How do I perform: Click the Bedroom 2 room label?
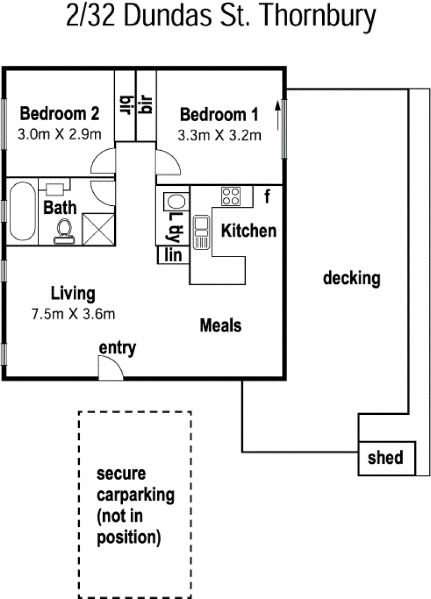pos(59,114)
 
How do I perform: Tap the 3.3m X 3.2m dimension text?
pos(219,135)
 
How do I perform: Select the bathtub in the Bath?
pos(22,211)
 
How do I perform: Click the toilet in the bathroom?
pos(64,231)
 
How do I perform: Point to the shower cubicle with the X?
pos(99,229)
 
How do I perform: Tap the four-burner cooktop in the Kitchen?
pos(231,197)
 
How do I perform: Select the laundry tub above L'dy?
pos(176,201)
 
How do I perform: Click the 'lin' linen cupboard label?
pos(173,255)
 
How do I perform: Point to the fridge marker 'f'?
pos(267,197)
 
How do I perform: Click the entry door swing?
pos(111,368)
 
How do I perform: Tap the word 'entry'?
pos(117,348)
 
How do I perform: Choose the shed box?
pos(386,458)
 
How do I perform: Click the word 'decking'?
pos(351,278)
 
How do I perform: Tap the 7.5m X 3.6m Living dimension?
pos(73,314)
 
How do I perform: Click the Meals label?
pos(221,325)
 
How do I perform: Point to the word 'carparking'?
pos(136,496)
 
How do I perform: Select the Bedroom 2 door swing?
pos(102,161)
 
